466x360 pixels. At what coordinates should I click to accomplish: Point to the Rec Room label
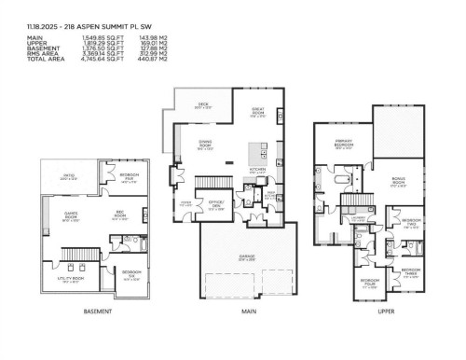click(119, 217)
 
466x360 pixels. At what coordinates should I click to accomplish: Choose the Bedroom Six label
click(130, 273)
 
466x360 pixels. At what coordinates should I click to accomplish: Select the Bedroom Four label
click(369, 281)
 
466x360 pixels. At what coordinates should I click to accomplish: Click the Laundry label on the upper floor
click(357, 216)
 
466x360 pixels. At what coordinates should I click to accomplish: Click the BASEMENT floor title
click(98, 311)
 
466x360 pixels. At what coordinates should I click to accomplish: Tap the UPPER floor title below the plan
click(385, 311)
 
